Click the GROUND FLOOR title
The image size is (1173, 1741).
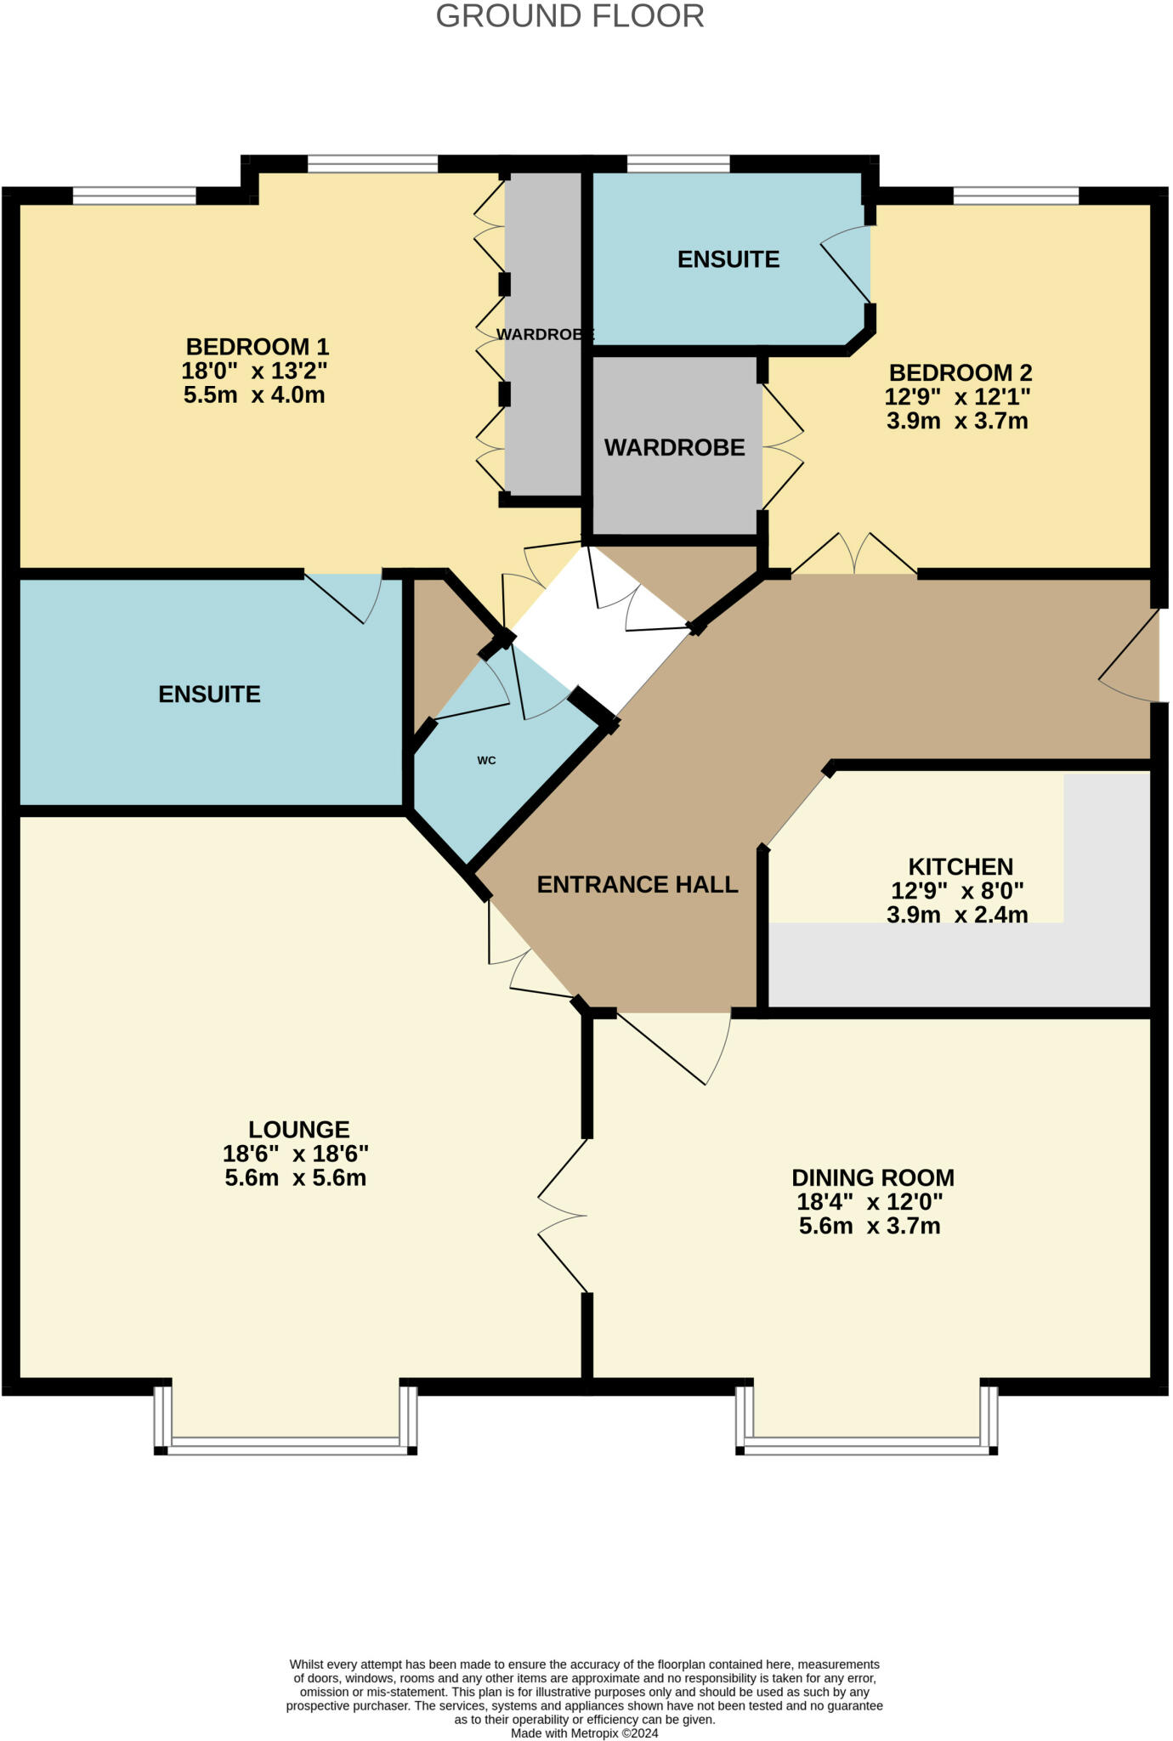point(569,16)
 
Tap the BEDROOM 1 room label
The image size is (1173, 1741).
point(257,347)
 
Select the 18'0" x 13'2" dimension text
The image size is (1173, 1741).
point(254,371)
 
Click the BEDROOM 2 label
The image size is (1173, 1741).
point(960,372)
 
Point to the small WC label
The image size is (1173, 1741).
point(486,760)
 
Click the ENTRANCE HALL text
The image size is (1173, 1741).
point(637,885)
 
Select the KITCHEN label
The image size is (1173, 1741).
point(960,867)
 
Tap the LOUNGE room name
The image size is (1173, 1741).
point(298,1130)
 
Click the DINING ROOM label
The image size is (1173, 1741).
point(872,1178)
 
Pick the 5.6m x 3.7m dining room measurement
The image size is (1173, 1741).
point(869,1226)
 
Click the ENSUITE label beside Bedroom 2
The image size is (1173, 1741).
point(728,259)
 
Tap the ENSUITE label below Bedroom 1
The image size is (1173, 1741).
point(209,695)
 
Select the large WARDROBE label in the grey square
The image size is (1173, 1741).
point(674,447)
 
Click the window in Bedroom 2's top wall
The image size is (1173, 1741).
point(1015,196)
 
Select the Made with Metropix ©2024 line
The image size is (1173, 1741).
point(584,1733)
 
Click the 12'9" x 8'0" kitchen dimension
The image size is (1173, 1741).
point(956,891)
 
